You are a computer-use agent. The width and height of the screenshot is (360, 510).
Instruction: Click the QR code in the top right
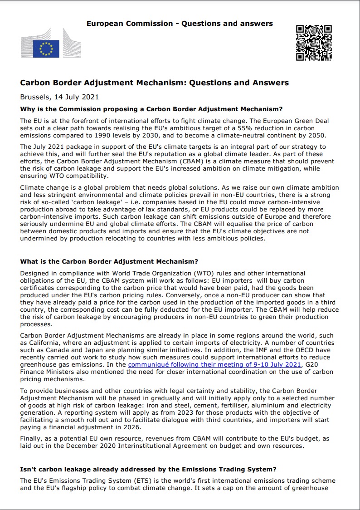pos(314,42)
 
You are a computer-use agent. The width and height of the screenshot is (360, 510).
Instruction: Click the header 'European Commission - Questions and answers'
pos(180,23)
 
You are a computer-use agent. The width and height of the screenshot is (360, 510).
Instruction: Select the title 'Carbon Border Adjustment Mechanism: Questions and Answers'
pos(154,83)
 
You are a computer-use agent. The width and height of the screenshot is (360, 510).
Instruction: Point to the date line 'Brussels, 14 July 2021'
pos(59,97)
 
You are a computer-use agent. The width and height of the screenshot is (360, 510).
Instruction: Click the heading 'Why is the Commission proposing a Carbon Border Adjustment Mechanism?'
pos(151,109)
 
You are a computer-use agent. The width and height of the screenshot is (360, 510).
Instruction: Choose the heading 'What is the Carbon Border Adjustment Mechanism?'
pos(109,261)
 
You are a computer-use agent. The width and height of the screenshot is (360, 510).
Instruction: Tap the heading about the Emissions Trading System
pos(148,469)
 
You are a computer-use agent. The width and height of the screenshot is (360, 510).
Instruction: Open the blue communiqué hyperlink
pos(214,364)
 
